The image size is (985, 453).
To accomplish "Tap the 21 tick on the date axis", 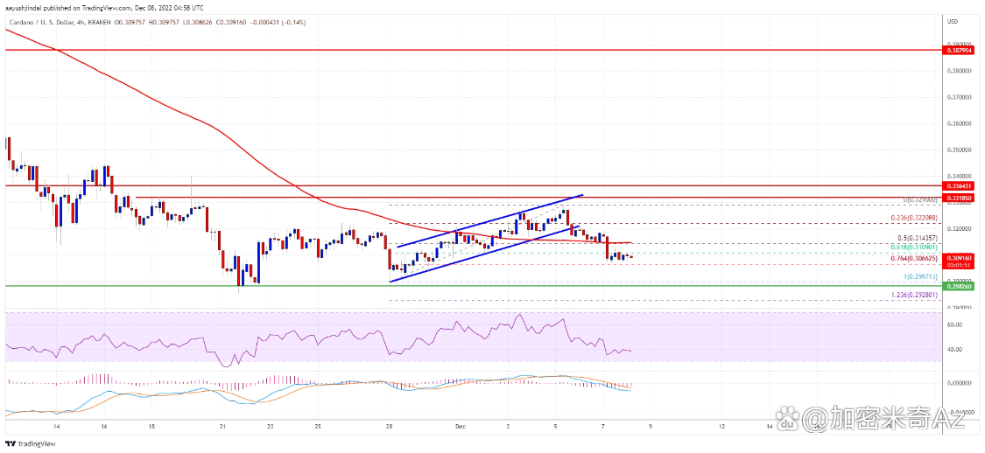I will (223, 426).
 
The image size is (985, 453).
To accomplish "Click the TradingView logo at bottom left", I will (25, 443).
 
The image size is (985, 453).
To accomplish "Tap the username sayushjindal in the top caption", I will (25, 6).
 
